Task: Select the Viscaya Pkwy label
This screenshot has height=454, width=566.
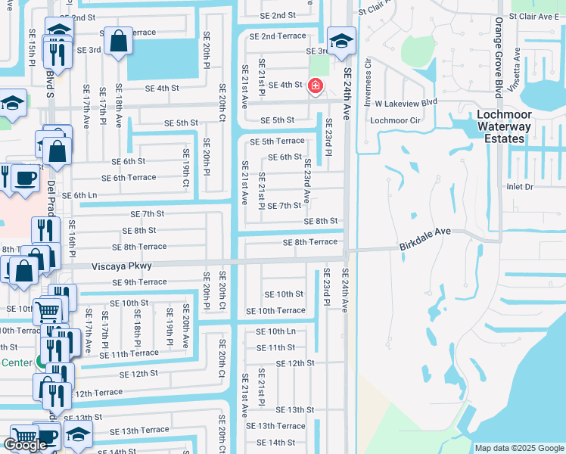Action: [x=122, y=266]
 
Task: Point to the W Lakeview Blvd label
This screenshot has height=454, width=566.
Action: [x=406, y=102]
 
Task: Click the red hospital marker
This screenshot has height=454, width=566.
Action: [x=314, y=87]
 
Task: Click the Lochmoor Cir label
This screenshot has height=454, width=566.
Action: [x=394, y=120]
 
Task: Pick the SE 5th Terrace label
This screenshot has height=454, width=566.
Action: [x=277, y=141]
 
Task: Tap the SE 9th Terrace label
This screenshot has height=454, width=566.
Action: [x=139, y=282]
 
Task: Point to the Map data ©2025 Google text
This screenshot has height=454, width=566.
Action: [x=518, y=448]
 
